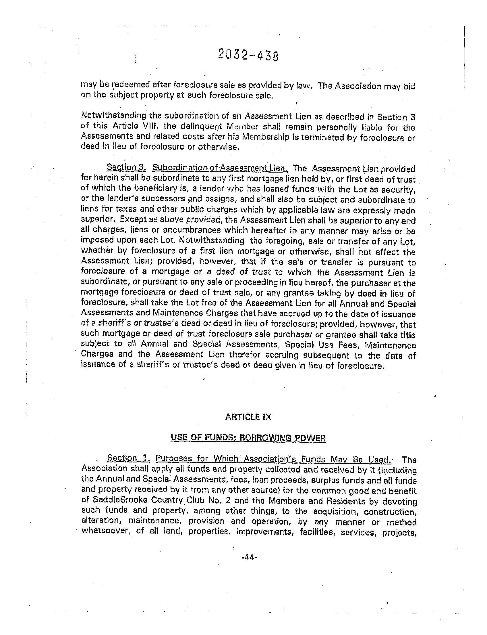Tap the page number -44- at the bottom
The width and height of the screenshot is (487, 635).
[x=249, y=557]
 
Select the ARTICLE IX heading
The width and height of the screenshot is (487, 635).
[x=248, y=417]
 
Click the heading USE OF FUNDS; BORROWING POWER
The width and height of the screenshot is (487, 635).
[x=248, y=437]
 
